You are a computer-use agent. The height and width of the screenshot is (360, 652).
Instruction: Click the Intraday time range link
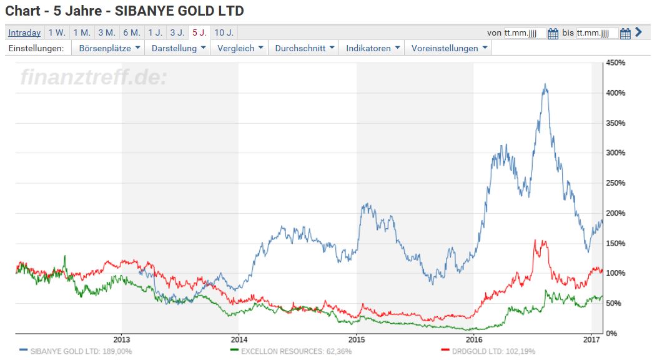coord(24,32)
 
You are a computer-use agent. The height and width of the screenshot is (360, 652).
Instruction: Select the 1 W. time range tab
coord(56,32)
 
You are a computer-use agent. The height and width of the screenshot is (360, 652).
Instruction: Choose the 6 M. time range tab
coord(131,32)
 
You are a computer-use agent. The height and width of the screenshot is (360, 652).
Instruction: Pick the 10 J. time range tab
coord(223,32)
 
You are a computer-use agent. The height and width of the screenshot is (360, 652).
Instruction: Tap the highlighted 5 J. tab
coord(199,32)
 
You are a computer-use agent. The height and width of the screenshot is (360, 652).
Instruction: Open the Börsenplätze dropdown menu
coord(109,48)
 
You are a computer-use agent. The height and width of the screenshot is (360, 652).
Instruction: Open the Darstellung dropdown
coord(179,48)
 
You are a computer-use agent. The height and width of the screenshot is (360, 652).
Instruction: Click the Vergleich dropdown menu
coord(240,48)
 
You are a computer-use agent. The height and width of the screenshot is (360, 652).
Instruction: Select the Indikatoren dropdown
coord(373,48)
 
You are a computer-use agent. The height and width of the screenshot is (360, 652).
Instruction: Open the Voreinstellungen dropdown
coord(450,48)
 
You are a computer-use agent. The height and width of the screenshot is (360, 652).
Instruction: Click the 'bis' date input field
coord(597,33)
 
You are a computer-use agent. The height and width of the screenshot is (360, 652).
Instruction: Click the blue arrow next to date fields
coord(638,32)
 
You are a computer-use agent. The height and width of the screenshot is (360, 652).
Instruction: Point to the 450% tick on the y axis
coord(616,63)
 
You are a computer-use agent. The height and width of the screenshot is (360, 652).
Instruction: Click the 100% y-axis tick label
coord(616,273)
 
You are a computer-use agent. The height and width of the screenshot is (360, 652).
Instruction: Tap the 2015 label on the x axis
coord(356,339)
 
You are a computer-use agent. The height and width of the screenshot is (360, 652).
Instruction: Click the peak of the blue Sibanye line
coord(545,84)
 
